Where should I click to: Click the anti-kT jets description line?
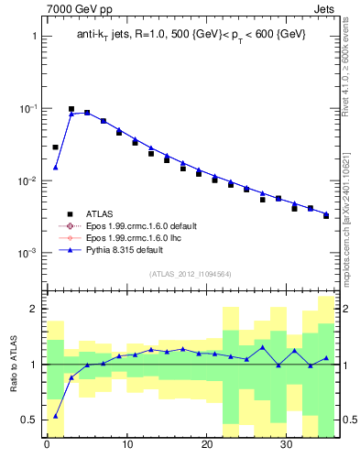(191, 34)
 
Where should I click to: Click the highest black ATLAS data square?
(71, 109)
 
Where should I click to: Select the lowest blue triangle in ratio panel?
(55, 416)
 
